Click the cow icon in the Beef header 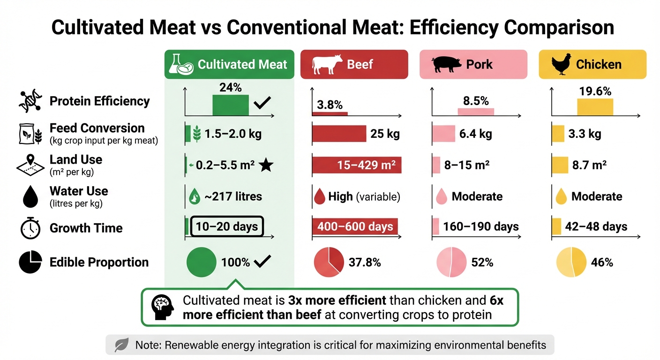point(327,64)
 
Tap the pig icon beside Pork point(446,64)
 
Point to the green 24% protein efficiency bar point(231,105)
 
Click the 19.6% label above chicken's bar point(595,91)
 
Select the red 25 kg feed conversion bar point(339,134)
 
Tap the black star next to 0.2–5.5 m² point(266,165)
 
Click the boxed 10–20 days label point(227,227)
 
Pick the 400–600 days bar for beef point(355,227)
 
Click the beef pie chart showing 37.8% point(328,262)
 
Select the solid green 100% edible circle point(201,262)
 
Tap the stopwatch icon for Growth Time point(30,228)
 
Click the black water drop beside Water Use point(30,197)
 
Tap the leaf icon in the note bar point(121,345)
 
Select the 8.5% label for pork point(476,101)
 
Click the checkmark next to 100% point(262,262)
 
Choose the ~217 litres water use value point(233,196)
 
